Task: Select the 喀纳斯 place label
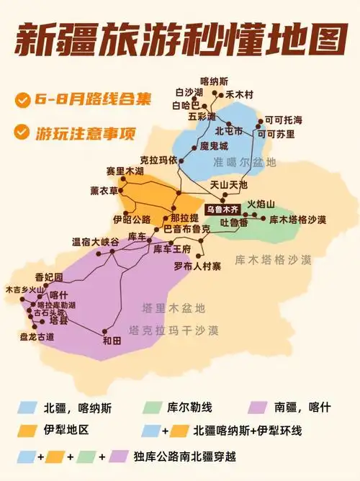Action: click(214, 81)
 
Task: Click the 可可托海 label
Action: click(283, 120)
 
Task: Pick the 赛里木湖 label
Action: click(125, 171)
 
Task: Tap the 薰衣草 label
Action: click(104, 189)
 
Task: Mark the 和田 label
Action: click(111, 340)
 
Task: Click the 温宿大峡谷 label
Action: click(95, 242)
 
